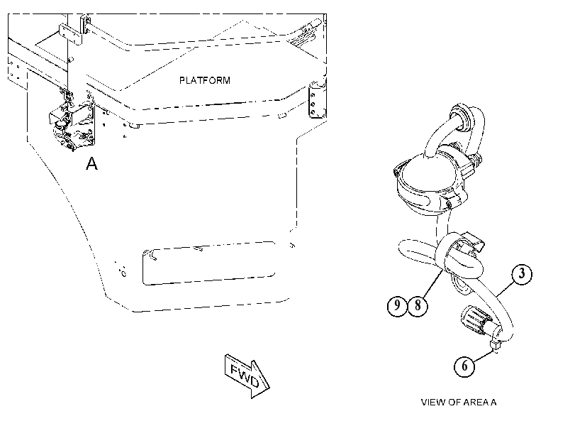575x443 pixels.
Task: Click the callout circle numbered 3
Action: (522, 273)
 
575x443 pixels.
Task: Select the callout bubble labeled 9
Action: (397, 305)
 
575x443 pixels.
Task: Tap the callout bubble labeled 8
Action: (418, 305)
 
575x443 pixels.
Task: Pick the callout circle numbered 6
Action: (464, 366)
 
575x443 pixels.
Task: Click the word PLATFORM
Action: (205, 80)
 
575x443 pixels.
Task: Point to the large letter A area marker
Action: (91, 163)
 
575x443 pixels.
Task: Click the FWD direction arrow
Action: (247, 376)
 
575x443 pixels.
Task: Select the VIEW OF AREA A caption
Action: (459, 403)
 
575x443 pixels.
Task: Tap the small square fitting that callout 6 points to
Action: (495, 345)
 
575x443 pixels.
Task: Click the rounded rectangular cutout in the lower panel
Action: (209, 263)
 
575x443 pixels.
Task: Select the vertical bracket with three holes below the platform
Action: (316, 100)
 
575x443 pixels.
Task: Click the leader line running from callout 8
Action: (432, 283)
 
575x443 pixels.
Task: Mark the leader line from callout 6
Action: (483, 356)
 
